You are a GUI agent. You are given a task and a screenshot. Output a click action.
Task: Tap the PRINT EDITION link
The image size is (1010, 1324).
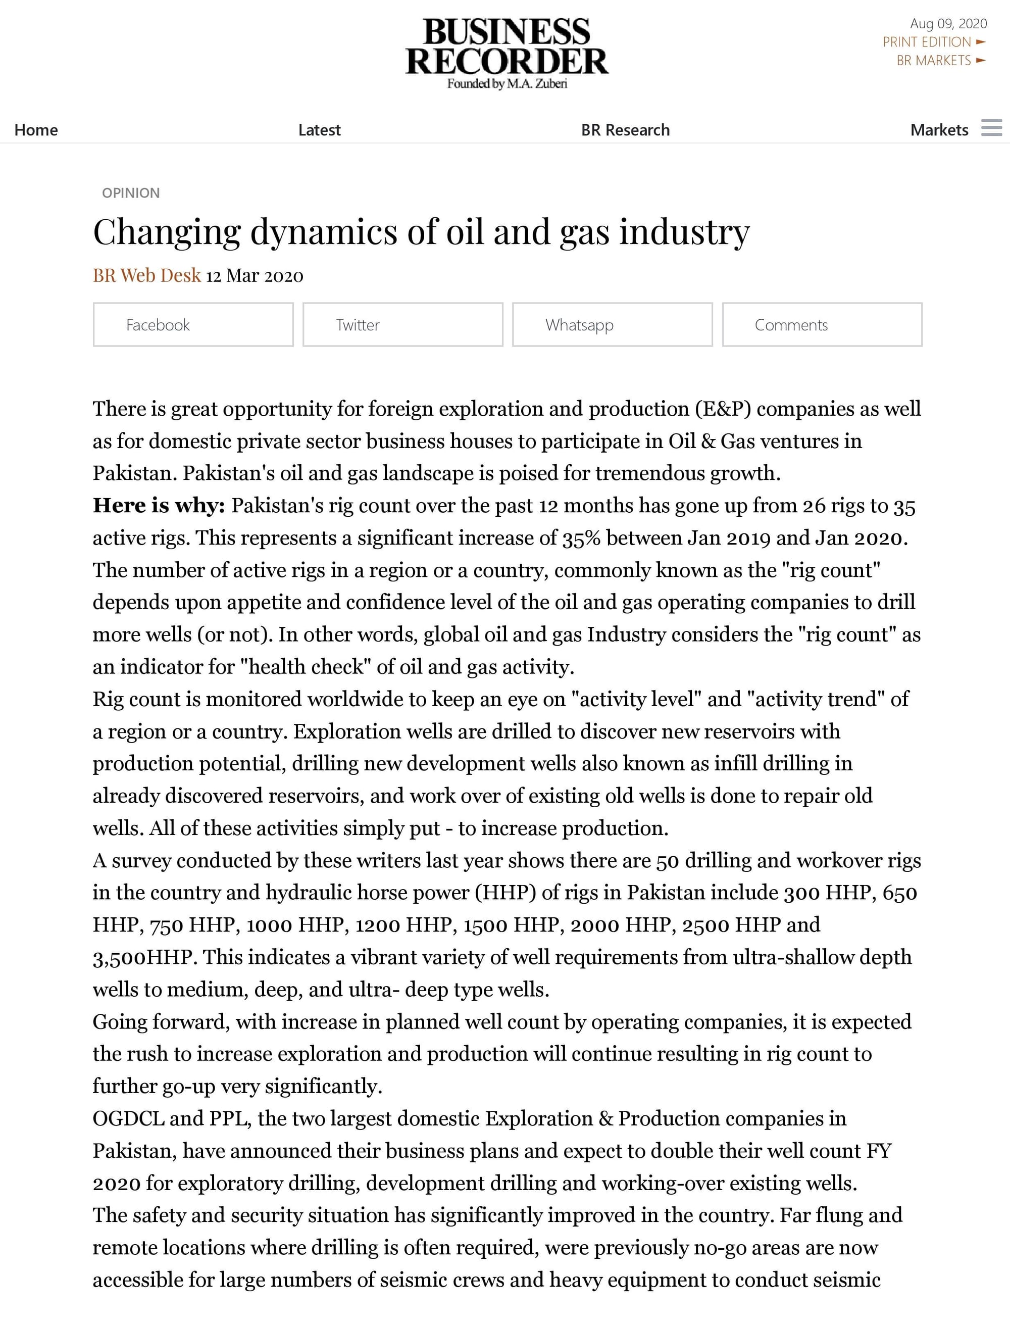(927, 42)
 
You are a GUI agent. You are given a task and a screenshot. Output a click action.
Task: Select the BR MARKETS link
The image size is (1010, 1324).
(934, 61)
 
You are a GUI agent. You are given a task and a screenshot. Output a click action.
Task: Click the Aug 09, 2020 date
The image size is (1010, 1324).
(948, 23)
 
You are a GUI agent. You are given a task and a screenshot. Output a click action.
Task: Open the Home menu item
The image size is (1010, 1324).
(36, 130)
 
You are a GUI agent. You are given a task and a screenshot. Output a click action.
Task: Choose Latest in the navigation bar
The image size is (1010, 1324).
(319, 130)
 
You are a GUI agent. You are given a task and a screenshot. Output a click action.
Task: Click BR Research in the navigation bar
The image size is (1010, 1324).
(625, 130)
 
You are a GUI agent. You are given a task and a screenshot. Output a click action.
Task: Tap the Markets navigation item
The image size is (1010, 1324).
(939, 130)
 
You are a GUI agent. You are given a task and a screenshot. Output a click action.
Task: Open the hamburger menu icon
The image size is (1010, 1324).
(991, 127)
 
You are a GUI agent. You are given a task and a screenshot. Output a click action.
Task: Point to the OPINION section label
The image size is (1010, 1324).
(131, 193)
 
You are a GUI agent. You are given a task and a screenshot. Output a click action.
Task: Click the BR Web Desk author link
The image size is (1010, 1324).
(146, 275)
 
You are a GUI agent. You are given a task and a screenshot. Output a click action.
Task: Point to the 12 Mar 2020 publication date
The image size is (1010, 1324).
(255, 276)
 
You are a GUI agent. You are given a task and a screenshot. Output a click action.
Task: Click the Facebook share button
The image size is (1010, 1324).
(193, 325)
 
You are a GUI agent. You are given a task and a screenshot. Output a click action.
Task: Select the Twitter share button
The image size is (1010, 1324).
(403, 325)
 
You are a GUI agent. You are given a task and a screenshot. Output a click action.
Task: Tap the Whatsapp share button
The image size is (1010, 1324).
(612, 325)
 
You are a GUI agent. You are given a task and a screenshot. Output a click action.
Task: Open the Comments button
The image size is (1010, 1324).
(822, 325)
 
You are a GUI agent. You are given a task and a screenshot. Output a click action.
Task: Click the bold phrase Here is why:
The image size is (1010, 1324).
(159, 506)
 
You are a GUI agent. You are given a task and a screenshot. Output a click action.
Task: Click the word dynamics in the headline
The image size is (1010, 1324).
(323, 232)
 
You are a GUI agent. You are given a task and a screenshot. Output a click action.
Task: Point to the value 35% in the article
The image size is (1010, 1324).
(581, 538)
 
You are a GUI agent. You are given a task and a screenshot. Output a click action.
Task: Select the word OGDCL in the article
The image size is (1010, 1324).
(128, 1119)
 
